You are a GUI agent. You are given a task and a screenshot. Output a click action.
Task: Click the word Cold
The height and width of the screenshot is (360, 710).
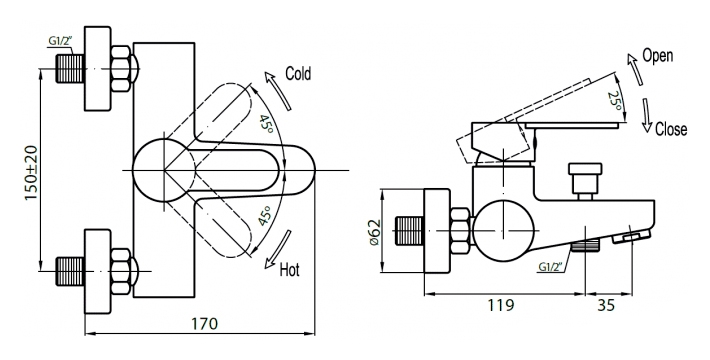[298, 73]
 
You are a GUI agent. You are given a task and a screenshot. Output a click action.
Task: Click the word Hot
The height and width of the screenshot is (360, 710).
[290, 270]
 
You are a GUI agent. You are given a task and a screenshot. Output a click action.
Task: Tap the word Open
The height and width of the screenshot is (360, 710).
[657, 56]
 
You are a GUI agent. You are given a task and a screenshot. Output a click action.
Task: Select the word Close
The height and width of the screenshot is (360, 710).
[671, 129]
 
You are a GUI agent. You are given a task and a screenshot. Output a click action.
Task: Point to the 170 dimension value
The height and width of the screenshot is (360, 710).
[204, 324]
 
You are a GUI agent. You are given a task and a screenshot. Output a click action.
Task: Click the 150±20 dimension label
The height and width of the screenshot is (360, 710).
[31, 173]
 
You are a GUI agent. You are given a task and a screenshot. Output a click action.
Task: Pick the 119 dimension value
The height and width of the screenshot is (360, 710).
[501, 305]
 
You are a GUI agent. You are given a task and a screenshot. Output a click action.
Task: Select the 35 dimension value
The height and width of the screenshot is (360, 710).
[606, 305]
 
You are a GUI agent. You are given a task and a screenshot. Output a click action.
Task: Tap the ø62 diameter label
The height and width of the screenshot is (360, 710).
[375, 232]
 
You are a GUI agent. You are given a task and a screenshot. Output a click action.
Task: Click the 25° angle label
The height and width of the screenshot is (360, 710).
[616, 102]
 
